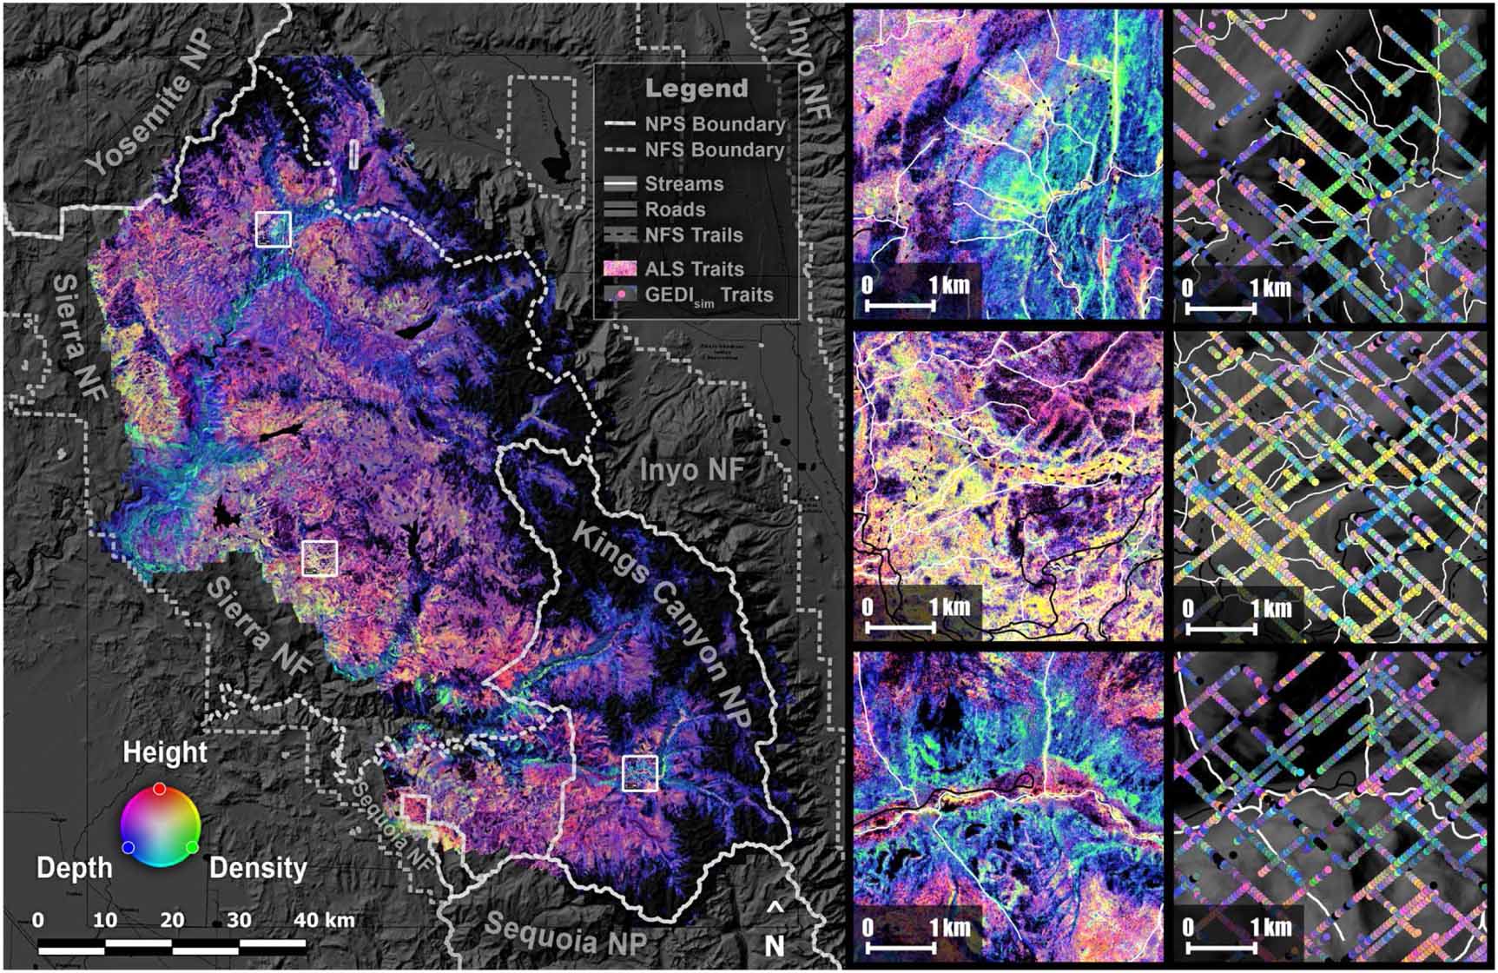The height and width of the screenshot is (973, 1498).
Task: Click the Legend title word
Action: pyautogui.click(x=696, y=89)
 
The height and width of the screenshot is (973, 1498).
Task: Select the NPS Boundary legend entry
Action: pyautogui.click(x=714, y=124)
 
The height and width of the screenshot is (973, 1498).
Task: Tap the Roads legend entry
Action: pyautogui.click(x=675, y=209)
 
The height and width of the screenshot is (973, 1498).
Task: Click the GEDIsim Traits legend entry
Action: pyautogui.click(x=708, y=295)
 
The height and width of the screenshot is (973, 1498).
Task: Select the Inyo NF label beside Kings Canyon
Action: pyautogui.click(x=691, y=470)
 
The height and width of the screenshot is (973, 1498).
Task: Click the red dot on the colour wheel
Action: pyautogui.click(x=160, y=789)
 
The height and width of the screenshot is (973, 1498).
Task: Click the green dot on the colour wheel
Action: pyautogui.click(x=192, y=846)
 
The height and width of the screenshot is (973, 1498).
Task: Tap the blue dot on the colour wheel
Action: pyautogui.click(x=129, y=847)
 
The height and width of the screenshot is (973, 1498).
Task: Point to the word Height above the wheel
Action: pyautogui.click(x=165, y=752)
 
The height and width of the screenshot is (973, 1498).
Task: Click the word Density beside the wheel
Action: pyautogui.click(x=258, y=867)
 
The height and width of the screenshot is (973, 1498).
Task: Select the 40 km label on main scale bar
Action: pyautogui.click(x=324, y=920)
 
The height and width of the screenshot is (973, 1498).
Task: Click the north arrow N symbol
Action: pyautogui.click(x=775, y=944)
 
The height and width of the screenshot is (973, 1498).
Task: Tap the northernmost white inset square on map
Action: pyautogui.click(x=273, y=229)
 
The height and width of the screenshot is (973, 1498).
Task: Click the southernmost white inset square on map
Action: pyautogui.click(x=640, y=773)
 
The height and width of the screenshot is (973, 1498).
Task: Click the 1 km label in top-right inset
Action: pyautogui.click(x=1269, y=288)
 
